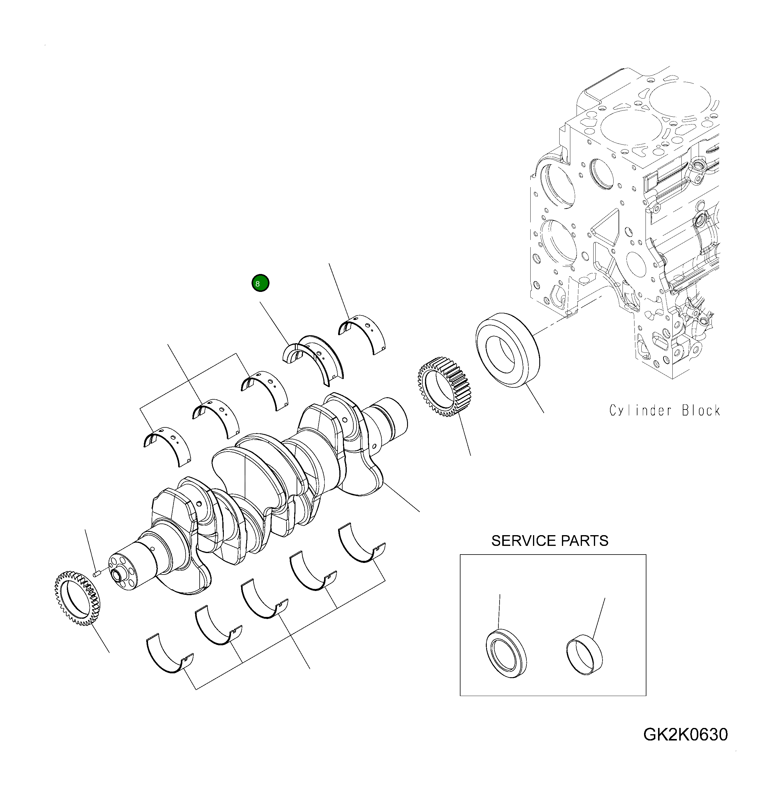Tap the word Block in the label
pyautogui.click(x=701, y=410)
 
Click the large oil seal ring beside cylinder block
pyautogui.click(x=508, y=349)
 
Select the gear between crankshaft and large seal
pyautogui.click(x=444, y=387)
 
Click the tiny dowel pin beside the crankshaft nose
pyautogui.click(x=97, y=574)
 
